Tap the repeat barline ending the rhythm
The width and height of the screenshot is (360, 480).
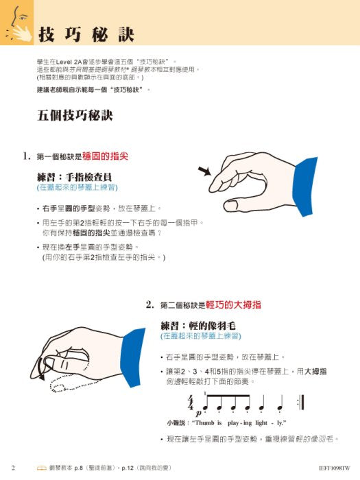302,401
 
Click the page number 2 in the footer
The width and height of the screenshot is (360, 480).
14,466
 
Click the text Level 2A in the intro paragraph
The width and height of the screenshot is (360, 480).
70,62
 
